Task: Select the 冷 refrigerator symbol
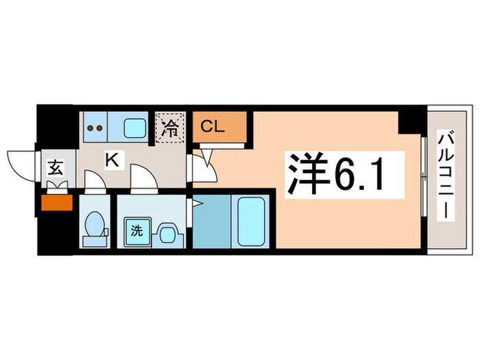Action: click(x=170, y=127)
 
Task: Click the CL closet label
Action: click(x=212, y=126)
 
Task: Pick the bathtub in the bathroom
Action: click(x=252, y=220)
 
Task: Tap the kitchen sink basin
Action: click(x=134, y=128)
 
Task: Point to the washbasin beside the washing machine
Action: click(x=167, y=232)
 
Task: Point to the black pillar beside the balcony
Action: click(x=411, y=121)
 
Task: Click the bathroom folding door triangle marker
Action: click(x=197, y=204)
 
